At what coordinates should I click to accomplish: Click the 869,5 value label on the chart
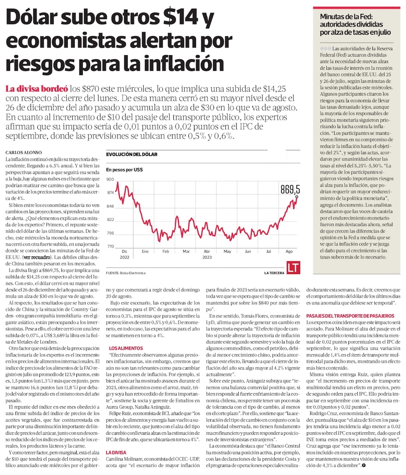[290, 189]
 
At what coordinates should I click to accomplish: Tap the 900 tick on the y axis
[110, 179]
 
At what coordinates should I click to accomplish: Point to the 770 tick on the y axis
[110, 246]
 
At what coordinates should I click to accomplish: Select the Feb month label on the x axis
[166, 252]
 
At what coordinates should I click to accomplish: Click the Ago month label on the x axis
[289, 252]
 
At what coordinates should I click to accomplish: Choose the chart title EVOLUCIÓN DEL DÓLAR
[131, 155]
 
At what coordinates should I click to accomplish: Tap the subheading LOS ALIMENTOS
[126, 348]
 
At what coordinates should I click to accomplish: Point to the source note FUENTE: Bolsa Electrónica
[125, 273]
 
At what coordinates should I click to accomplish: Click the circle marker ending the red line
[297, 197]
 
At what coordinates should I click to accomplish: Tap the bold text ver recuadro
[39, 257]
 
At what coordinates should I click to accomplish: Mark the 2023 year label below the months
[207, 257]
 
